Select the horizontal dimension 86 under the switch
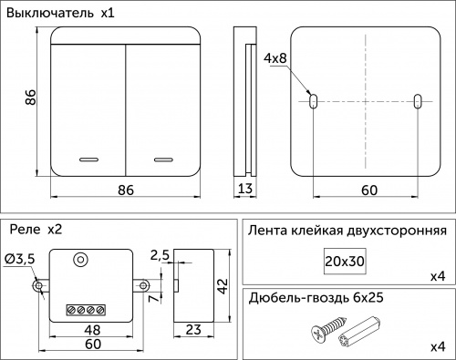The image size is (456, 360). click(x=126, y=190)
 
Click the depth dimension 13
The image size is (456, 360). click(x=244, y=190)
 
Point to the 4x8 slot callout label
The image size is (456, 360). click(x=275, y=58)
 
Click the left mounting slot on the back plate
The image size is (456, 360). click(x=313, y=101)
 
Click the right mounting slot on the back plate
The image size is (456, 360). click(x=418, y=101)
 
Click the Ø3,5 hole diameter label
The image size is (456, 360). click(x=20, y=260)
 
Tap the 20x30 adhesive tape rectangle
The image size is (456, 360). click(x=344, y=261)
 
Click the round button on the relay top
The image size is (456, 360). click(x=81, y=260)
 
